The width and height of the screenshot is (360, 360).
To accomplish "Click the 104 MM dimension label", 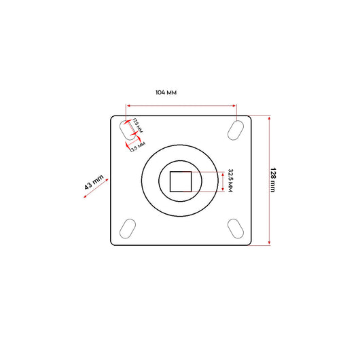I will pyautogui.click(x=166, y=92).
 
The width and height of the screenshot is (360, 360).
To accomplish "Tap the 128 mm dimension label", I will pyautogui.click(x=274, y=180).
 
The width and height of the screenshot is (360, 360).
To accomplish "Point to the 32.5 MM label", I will pyautogui.click(x=231, y=181).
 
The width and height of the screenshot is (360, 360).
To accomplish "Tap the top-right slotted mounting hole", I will pyautogui.click(x=236, y=128).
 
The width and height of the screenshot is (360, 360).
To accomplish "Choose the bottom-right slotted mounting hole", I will pyautogui.click(x=236, y=230).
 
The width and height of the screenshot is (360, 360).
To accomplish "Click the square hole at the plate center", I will pyautogui.click(x=181, y=181).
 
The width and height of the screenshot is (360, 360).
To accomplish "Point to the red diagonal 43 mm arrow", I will pyautogui.click(x=94, y=191).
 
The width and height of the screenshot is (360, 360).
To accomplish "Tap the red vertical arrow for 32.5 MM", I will pyautogui.click(x=222, y=181).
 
